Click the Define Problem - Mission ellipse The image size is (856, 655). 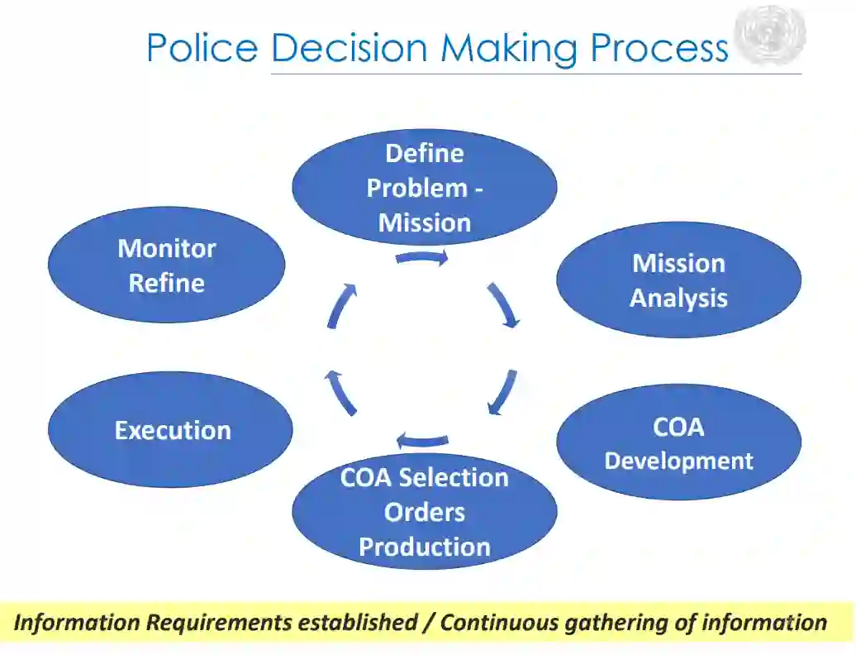[x=424, y=187]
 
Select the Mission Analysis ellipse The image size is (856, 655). [x=678, y=280]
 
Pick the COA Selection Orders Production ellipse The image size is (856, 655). [x=424, y=511]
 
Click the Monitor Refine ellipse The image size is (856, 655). [x=166, y=265]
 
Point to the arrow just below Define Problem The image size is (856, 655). [x=422, y=258]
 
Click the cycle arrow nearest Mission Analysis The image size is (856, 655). [x=504, y=304]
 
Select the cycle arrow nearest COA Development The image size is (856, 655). [x=502, y=391]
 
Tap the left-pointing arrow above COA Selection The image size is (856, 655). [x=422, y=439]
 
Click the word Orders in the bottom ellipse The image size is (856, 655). [x=424, y=512]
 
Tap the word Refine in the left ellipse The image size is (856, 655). [x=166, y=283]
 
